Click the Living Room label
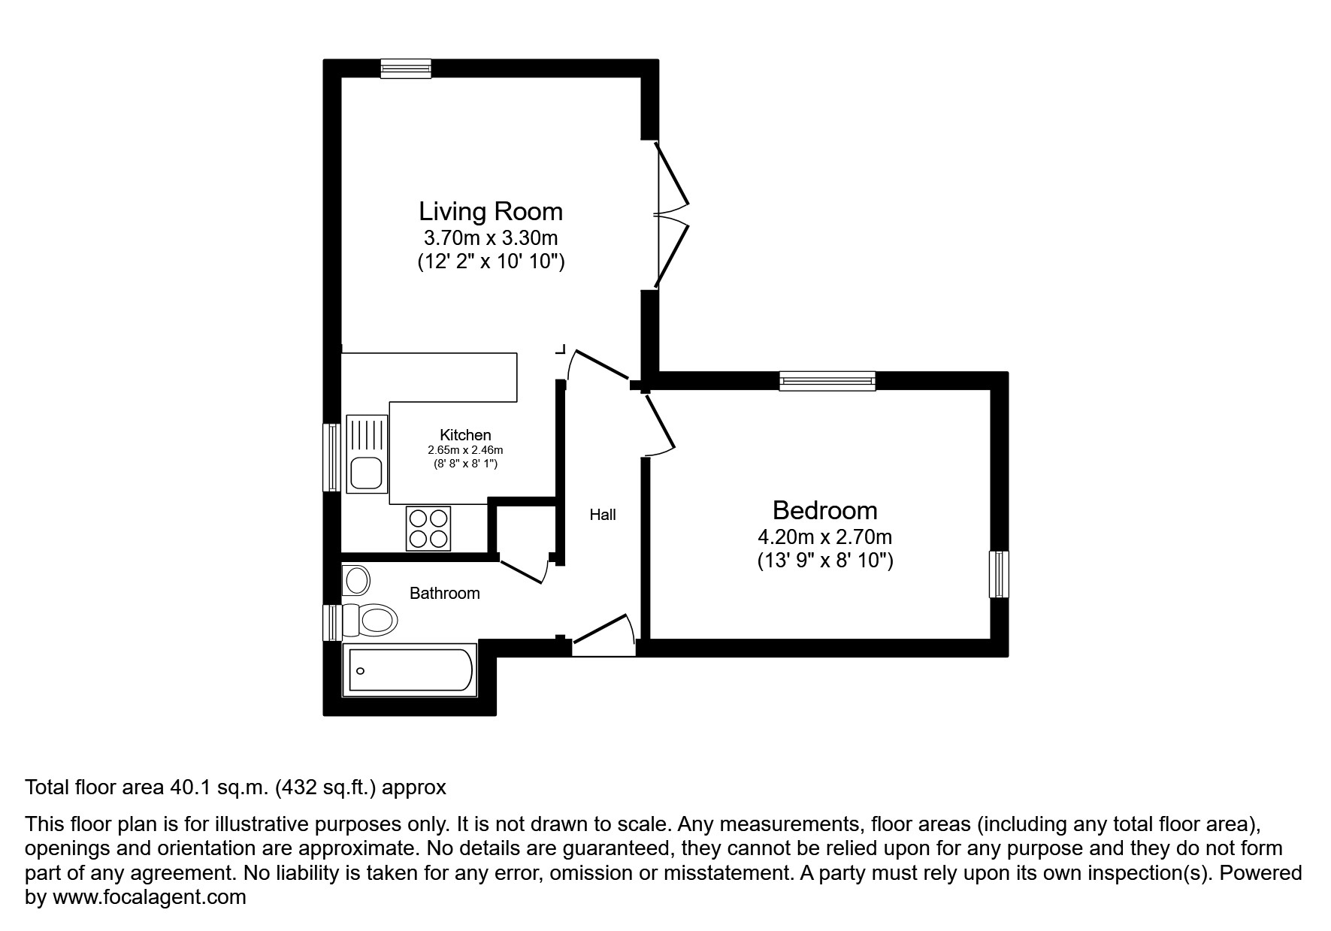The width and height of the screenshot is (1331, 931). pyautogui.click(x=490, y=211)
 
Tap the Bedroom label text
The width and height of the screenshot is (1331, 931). pyautogui.click(x=824, y=510)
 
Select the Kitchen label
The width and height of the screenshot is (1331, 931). pyautogui.click(x=465, y=434)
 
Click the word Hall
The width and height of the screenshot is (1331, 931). pyautogui.click(x=602, y=515)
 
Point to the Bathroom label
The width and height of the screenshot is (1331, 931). pyautogui.click(x=444, y=594)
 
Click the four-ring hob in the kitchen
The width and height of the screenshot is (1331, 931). pyautogui.click(x=428, y=528)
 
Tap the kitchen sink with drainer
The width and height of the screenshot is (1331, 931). pyautogui.click(x=366, y=453)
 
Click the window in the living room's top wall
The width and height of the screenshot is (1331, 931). pyautogui.click(x=406, y=69)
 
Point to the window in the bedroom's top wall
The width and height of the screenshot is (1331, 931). pyautogui.click(x=827, y=381)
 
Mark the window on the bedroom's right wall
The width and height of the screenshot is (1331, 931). pyautogui.click(x=998, y=574)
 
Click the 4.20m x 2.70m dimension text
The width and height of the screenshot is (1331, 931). pyautogui.click(x=824, y=537)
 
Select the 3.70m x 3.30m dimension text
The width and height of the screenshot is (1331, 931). pyautogui.click(x=490, y=238)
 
